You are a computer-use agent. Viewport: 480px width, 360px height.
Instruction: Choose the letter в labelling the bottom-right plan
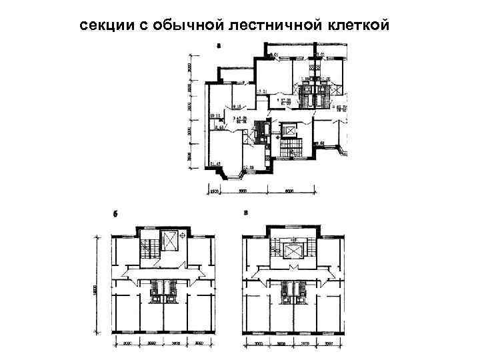coord(247,213)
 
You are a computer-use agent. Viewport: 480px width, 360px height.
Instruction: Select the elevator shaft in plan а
coord(291,130)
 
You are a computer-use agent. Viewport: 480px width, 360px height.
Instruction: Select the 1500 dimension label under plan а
coord(215,191)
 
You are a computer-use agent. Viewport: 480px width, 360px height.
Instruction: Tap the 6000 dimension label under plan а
coord(289,191)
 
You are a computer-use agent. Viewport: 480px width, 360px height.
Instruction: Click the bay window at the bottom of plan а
coord(233,175)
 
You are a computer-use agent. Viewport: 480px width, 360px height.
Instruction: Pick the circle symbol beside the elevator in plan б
coord(181,236)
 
